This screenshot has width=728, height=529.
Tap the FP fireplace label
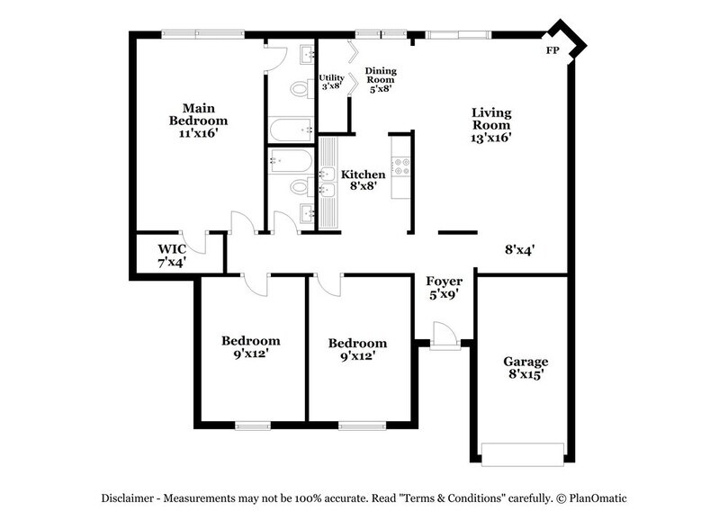(553, 50)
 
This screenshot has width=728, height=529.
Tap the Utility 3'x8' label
(331, 83)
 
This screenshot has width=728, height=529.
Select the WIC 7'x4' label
(172, 255)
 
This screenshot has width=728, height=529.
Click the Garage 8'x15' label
(526, 368)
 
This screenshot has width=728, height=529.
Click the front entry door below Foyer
(442, 336)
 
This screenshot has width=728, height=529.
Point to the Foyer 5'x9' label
(444, 288)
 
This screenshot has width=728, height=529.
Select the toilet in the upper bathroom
(301, 88)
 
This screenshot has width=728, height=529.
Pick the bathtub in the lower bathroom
(291, 163)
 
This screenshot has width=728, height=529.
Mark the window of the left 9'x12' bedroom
(253, 425)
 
